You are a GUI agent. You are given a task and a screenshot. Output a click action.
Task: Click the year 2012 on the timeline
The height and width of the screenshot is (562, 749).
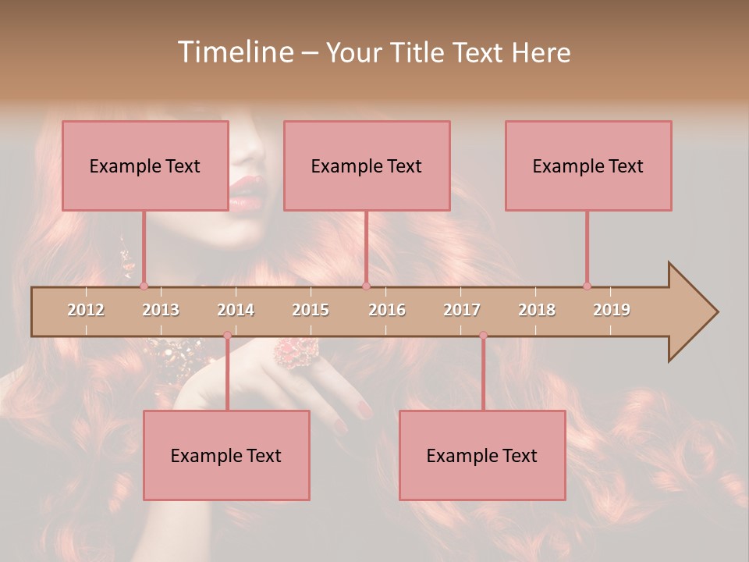pos(86,310)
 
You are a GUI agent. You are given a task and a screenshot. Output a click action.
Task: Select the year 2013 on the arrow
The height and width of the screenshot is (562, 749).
pos(161,310)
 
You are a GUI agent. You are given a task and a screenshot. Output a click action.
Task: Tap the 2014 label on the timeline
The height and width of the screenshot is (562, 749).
pos(236,310)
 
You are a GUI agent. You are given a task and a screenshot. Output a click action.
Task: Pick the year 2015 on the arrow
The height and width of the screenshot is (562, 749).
pos(311,310)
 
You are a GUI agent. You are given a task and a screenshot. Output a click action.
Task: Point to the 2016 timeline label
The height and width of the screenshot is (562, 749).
pos(387,310)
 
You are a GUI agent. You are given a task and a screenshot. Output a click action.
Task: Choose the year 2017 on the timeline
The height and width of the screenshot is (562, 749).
pos(462,310)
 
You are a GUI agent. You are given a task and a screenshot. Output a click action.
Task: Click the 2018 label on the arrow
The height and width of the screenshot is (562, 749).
pos(537,310)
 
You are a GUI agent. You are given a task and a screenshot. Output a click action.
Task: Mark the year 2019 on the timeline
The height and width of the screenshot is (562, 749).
pos(612,310)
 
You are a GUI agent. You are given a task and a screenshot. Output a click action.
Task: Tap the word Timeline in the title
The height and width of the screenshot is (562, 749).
pos(233,52)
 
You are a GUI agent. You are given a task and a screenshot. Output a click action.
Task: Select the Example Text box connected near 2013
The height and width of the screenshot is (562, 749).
pos(145,165)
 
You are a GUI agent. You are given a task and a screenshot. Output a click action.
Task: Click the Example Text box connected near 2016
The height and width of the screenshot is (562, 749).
pos(367,165)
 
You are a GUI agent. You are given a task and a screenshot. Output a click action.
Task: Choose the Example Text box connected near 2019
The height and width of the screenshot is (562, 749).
pos(588,165)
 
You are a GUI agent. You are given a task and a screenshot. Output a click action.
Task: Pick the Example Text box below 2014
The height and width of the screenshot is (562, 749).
pos(226,455)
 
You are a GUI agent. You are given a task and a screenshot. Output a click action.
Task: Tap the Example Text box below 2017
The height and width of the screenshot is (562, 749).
pos(482,455)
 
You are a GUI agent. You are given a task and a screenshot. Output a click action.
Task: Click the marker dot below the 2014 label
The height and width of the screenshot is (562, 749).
pos(227,336)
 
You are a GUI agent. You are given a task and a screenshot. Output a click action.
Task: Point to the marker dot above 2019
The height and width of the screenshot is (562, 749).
pos(587,286)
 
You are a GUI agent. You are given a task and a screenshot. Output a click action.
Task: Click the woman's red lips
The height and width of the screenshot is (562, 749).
pos(245,192)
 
